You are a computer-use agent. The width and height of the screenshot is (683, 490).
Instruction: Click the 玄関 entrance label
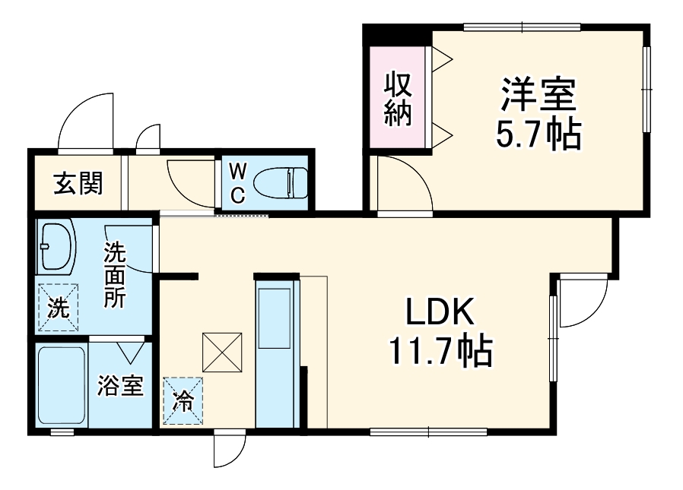(x=78, y=183)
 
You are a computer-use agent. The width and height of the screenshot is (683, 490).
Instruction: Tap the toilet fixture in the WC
(x=279, y=183)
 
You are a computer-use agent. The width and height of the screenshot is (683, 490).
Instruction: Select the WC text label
(x=237, y=183)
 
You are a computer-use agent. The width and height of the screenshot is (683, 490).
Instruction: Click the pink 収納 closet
(x=396, y=97)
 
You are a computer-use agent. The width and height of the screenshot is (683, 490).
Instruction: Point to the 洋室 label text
(x=538, y=94)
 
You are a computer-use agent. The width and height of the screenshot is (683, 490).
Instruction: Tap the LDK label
(x=440, y=312)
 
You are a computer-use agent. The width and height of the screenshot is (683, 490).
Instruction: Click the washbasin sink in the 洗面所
(x=56, y=247)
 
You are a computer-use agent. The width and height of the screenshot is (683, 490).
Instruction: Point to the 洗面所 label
(x=115, y=273)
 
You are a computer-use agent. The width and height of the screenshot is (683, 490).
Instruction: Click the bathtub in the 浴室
(x=62, y=387)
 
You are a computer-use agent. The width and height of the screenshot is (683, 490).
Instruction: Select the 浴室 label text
(x=120, y=387)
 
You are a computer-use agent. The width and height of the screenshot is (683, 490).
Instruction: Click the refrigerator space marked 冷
(x=183, y=400)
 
